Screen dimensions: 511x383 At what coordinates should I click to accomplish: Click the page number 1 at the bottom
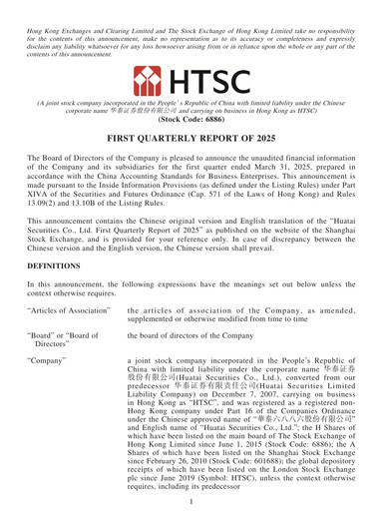coord(191,502)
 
